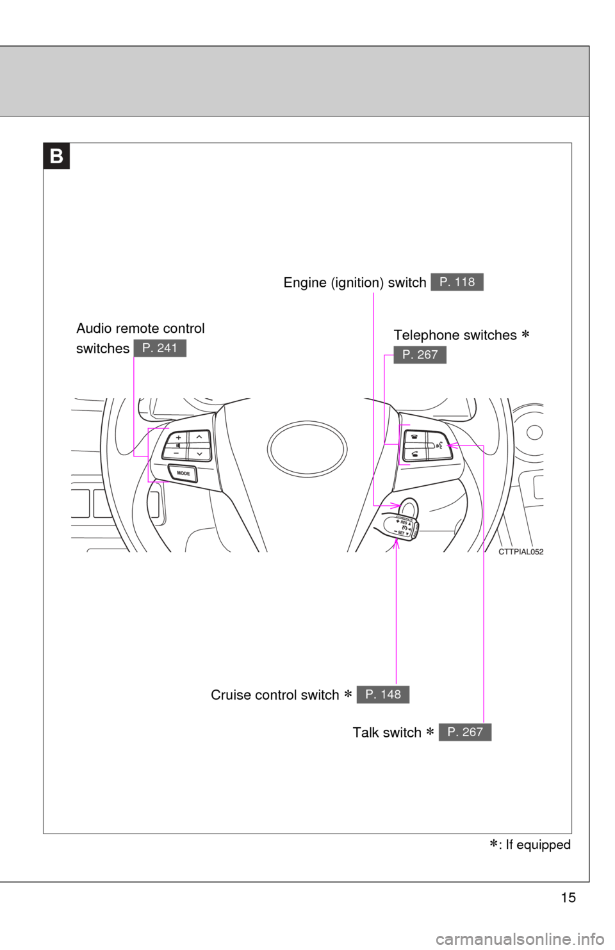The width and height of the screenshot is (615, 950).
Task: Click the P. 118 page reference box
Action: point(457,282)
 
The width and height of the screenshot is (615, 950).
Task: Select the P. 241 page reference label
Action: point(160,348)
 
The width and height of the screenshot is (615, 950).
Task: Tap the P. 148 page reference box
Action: point(383,694)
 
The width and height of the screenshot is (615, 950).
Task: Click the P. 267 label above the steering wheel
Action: point(420,355)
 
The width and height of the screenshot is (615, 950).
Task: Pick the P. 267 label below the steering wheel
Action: point(465,732)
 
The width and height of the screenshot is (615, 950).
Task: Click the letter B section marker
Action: point(57,156)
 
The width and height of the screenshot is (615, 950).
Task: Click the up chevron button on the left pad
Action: point(200,437)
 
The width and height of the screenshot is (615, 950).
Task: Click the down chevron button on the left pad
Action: point(200,453)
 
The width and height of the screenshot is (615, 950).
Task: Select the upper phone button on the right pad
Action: point(416,437)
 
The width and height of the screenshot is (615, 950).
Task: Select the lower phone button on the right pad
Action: point(416,455)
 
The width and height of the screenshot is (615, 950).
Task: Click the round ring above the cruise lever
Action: point(408,508)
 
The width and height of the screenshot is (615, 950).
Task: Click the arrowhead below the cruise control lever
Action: point(397,543)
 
